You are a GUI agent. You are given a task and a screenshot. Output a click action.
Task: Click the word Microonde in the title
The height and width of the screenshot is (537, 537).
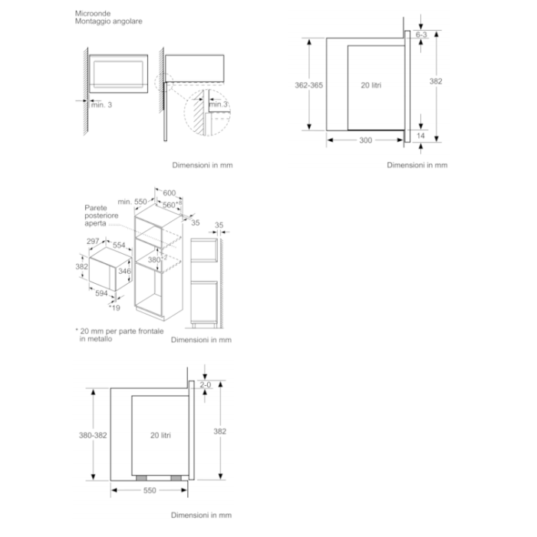92,14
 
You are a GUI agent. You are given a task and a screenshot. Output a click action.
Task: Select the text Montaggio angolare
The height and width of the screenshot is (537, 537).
108,21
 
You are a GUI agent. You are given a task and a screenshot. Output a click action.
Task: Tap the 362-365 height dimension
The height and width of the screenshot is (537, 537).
308,85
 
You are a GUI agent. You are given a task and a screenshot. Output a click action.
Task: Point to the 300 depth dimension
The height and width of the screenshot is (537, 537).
365,140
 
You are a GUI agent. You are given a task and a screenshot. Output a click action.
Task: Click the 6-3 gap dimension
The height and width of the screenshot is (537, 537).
421,35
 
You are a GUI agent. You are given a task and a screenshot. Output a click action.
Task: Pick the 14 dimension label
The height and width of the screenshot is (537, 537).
420,136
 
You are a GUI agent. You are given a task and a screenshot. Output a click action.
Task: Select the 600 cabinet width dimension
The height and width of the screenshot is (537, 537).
169,193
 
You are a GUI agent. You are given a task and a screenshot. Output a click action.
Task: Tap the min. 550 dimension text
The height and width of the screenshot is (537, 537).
132,201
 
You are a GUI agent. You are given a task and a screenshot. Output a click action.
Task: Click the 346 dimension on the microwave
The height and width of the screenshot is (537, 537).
125,272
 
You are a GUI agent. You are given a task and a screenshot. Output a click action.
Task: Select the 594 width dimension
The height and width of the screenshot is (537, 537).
100,292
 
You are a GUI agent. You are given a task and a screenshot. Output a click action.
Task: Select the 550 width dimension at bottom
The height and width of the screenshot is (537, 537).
149,490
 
